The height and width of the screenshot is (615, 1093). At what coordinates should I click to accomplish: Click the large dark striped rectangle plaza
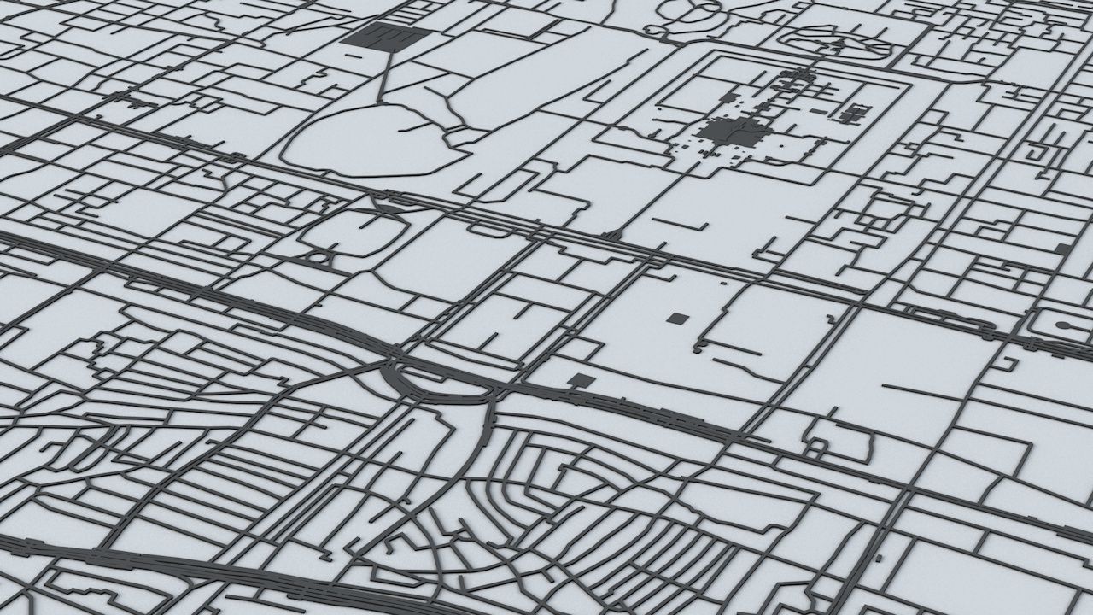coord(385,37)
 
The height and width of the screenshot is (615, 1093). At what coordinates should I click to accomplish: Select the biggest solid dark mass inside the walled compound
coord(734,132)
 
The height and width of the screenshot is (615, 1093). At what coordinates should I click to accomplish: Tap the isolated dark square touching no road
coord(677,319)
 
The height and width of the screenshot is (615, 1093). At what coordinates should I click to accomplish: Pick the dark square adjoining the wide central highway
coord(580,381)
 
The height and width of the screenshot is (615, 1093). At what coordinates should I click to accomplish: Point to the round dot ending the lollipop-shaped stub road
coord(1064,325)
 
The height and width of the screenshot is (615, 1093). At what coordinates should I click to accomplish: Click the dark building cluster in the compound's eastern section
coord(853,112)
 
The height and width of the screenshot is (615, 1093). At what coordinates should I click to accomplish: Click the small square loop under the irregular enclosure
coord(826,445)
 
